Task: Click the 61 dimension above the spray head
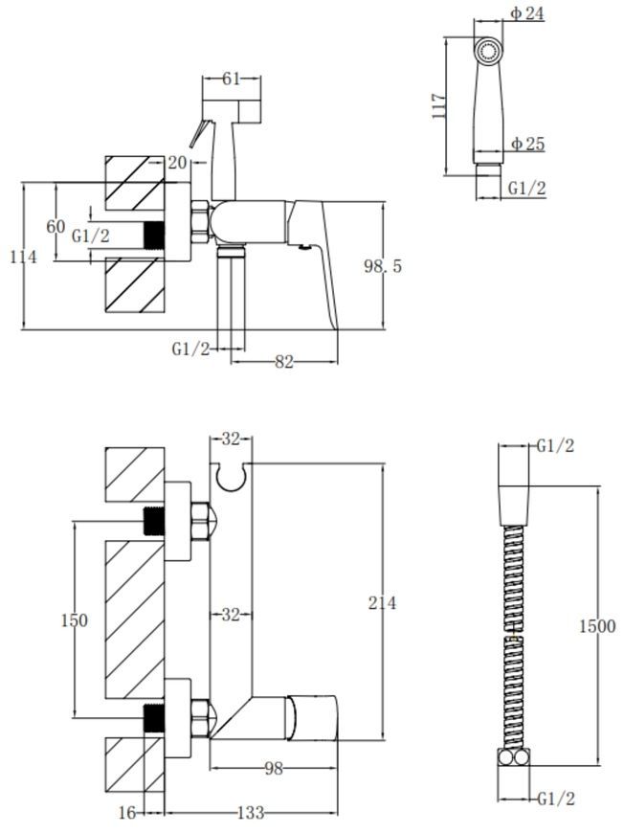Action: [231, 79]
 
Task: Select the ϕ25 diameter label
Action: [528, 144]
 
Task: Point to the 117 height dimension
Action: [438, 105]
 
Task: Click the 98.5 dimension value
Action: [383, 265]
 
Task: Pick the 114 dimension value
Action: [24, 258]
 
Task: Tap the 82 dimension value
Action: [284, 362]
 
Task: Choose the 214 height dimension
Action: [383, 603]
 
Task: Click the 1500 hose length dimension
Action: [597, 626]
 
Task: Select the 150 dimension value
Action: [74, 620]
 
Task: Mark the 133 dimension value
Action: [250, 812]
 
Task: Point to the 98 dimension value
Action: [274, 768]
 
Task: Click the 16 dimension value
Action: [127, 812]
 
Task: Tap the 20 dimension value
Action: [177, 163]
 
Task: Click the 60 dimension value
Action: [56, 227]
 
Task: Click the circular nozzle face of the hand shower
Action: [488, 52]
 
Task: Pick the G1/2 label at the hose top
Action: [555, 446]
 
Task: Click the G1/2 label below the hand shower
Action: [526, 188]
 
